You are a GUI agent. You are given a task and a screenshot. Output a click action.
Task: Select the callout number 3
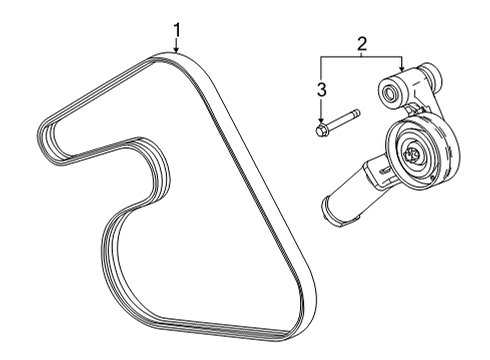coord(322,91)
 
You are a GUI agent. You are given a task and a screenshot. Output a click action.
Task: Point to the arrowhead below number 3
coord(322,120)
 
